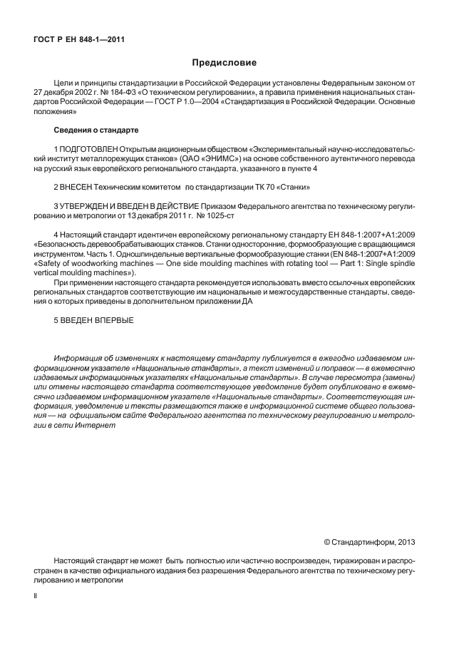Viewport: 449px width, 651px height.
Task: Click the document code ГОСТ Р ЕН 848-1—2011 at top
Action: click(x=78, y=39)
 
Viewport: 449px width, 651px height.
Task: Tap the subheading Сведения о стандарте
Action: click(x=96, y=130)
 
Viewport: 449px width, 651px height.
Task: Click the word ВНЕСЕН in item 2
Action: click(x=78, y=187)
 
